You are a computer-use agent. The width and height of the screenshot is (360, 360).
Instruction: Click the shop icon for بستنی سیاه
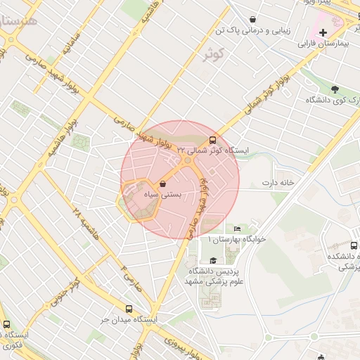coord(164,184)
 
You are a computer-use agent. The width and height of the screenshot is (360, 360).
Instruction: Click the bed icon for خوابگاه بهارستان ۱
coord(237,229)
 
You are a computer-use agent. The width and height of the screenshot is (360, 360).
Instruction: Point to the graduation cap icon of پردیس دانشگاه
coord(213,261)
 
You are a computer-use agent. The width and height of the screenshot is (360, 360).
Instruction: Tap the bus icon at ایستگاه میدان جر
coord(129,309)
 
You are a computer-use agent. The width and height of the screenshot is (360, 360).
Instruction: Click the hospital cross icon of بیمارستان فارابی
coord(323,32)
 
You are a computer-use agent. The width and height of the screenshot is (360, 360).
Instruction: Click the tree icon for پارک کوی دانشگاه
coord(335,89)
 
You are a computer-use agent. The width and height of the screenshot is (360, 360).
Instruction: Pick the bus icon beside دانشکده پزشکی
coord(354,246)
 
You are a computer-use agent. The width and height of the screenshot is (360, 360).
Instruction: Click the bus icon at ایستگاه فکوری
coord(7,324)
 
